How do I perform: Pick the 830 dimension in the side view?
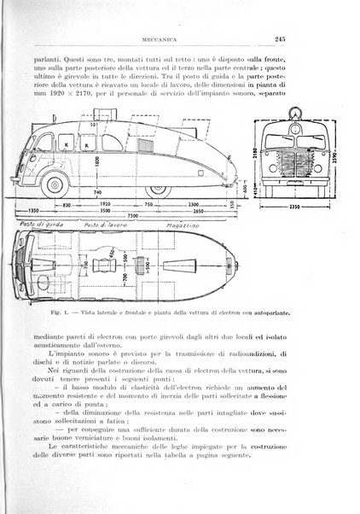[x=63, y=203]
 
